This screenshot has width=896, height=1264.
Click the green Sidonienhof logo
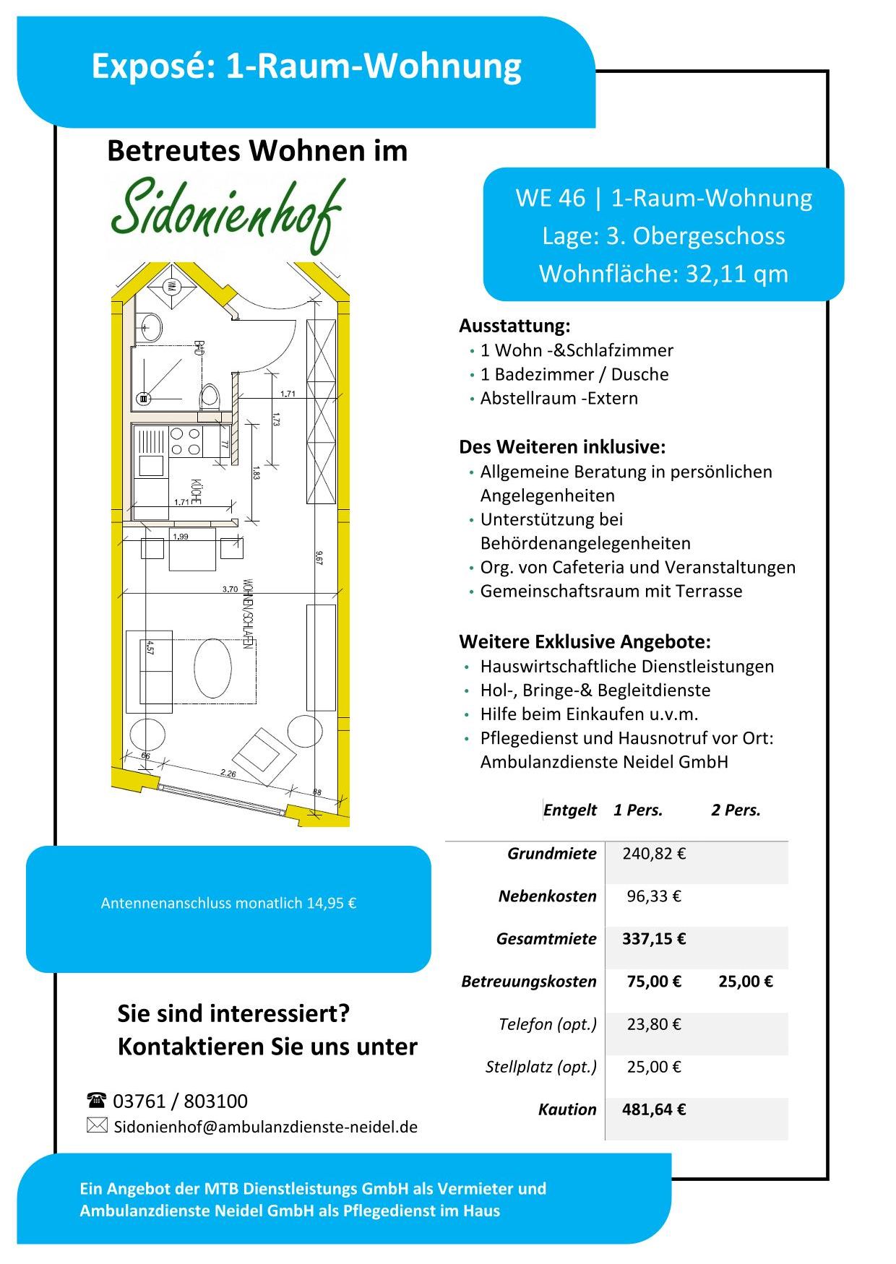coord(227,213)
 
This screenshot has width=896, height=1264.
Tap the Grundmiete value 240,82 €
coord(654,854)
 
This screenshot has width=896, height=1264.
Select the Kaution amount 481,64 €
coord(654,1109)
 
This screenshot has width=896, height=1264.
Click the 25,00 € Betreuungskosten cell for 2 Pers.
coord(746,982)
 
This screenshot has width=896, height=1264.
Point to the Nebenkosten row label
coord(548,896)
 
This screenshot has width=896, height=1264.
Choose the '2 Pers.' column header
coord(736,810)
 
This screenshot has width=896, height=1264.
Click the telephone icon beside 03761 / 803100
coord(96,1101)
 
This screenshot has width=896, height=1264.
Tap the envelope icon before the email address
coord(97,1125)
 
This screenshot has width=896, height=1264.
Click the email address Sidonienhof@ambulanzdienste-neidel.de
coord(266,1127)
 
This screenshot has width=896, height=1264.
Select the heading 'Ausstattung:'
coord(514,326)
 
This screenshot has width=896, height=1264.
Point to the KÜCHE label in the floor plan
coord(196,490)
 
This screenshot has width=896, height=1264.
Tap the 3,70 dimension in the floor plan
coord(230,589)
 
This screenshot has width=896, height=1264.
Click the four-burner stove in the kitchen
coord(186,441)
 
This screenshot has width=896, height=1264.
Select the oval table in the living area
coord(213,667)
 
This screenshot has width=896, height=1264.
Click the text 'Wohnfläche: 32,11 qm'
coord(663,274)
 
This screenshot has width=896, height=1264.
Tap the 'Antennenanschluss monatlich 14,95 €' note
coord(228,903)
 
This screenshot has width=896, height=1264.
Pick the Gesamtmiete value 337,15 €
coord(654,939)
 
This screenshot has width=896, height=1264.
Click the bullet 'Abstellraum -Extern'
coord(559,398)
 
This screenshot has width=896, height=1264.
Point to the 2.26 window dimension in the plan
coord(228,773)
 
